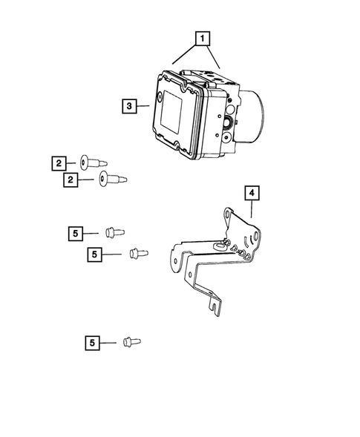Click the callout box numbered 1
200,36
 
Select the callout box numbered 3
129,107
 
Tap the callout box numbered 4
252,194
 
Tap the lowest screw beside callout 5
131,341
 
